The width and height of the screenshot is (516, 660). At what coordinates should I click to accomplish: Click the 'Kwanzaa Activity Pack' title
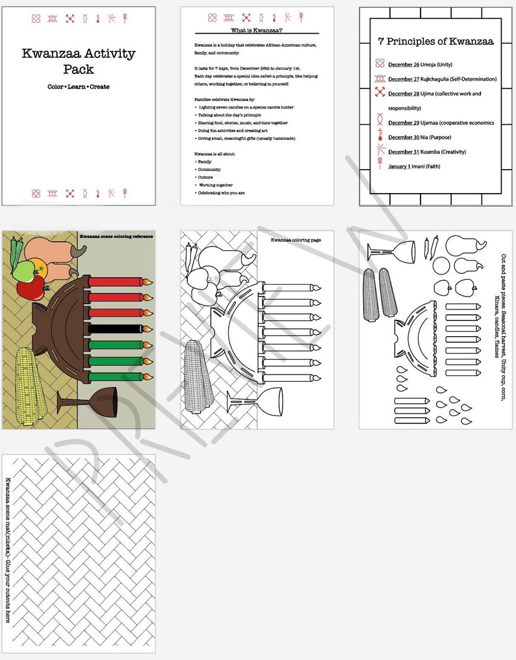pyautogui.click(x=78, y=60)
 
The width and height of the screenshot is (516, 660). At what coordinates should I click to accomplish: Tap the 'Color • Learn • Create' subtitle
pyautogui.click(x=78, y=86)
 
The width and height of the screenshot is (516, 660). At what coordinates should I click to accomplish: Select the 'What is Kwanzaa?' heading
pyautogui.click(x=257, y=31)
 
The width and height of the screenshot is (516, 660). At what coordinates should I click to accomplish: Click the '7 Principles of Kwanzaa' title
pyautogui.click(x=435, y=42)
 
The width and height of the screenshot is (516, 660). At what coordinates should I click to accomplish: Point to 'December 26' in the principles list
pyautogui.click(x=404, y=65)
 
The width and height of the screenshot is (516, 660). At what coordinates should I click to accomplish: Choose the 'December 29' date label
pyautogui.click(x=404, y=123)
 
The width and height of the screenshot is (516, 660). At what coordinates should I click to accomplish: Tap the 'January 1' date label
pyautogui.click(x=400, y=166)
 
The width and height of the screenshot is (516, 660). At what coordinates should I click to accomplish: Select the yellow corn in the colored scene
pyautogui.click(x=30, y=381)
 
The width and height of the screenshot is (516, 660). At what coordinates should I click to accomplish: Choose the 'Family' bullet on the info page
pyautogui.click(x=205, y=162)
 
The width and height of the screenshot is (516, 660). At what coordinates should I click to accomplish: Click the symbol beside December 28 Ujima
pyautogui.click(x=380, y=94)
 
